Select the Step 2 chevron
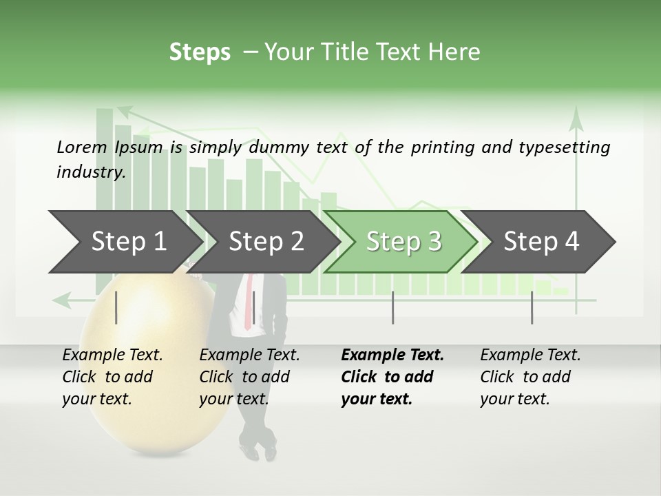265,241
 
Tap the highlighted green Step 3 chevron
403,241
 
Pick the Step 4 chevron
541,241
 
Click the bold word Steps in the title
200,52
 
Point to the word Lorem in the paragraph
81,147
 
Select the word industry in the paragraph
90,172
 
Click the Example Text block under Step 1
112,376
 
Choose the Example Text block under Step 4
530,376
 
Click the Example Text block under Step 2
249,376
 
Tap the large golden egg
148,372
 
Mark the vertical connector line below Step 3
392,307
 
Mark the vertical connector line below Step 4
532,307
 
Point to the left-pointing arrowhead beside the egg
62,300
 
